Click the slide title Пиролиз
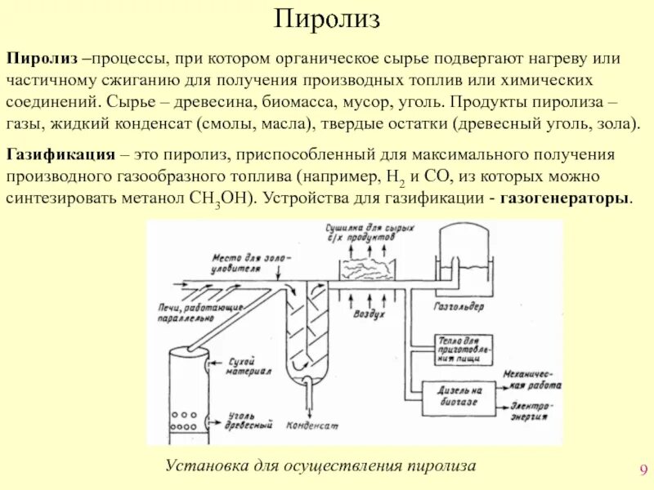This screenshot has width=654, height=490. (326, 19)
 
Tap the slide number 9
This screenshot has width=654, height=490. (643, 470)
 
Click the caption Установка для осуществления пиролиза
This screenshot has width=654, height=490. (320, 465)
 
